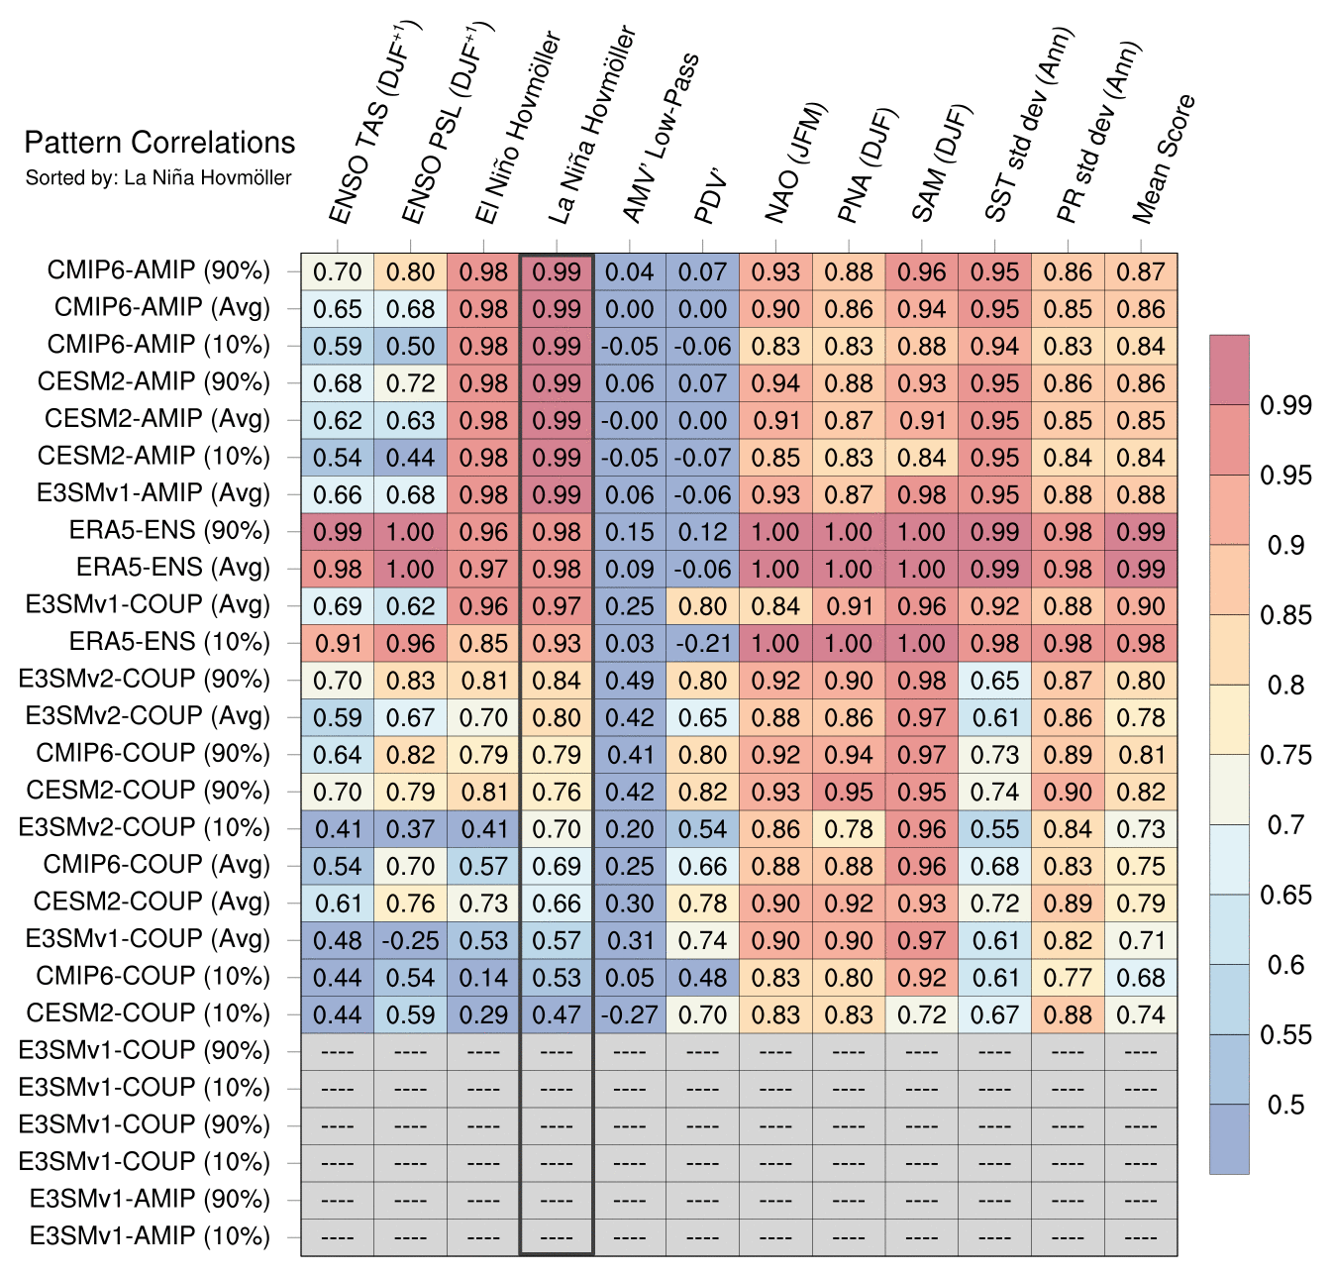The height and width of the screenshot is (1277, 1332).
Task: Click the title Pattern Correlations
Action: tap(159, 143)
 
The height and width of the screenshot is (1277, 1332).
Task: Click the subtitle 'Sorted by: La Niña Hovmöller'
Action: tap(158, 178)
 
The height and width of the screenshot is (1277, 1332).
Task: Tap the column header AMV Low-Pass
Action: tap(659, 139)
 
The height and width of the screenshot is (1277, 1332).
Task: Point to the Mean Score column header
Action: tap(1164, 159)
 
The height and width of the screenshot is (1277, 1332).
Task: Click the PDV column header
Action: tap(711, 198)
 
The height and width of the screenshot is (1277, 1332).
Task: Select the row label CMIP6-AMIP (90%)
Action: tap(158, 270)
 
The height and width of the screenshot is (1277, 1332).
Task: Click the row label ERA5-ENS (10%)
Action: tap(169, 642)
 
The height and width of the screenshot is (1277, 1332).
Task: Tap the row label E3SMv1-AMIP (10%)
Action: tap(150, 1236)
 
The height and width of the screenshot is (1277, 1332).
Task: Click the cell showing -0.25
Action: tap(410, 940)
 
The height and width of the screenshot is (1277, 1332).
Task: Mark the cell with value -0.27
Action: tap(630, 1014)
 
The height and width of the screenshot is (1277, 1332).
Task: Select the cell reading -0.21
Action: tap(702, 643)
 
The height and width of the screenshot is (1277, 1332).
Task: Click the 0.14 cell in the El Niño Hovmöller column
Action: tap(483, 978)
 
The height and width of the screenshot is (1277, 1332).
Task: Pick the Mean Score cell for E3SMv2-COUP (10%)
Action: tap(1141, 829)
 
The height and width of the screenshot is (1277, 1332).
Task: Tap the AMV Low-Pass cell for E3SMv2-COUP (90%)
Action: tap(630, 681)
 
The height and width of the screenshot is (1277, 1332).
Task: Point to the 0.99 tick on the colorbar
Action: tap(1285, 405)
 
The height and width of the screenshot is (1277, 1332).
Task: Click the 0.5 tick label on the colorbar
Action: tap(1285, 1105)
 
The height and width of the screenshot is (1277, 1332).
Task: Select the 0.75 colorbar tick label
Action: tap(1285, 755)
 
